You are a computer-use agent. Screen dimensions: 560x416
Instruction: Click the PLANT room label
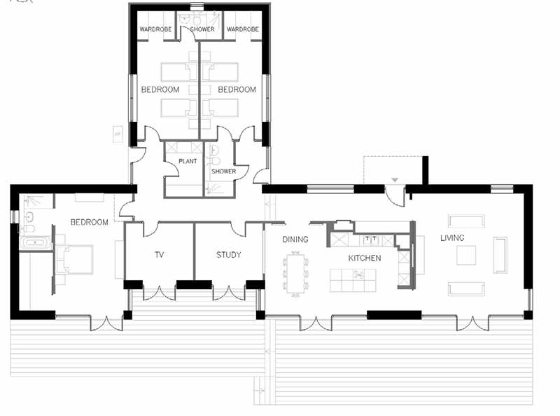click(188, 161)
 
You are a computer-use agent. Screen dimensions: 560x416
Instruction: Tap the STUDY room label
click(229, 255)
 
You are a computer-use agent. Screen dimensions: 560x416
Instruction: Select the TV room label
click(160, 254)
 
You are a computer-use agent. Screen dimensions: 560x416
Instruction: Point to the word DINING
click(295, 240)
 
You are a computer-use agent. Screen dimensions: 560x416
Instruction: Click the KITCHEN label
click(365, 258)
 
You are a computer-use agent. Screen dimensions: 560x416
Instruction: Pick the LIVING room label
click(452, 237)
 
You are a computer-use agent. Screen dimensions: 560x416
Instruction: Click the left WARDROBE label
click(155, 29)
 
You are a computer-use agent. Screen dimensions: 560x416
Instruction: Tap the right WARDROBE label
click(243, 29)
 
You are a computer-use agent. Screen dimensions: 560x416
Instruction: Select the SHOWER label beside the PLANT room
click(223, 171)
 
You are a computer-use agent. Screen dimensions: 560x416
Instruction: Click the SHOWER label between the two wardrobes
click(202, 29)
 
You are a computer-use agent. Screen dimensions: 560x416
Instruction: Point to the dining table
click(295, 274)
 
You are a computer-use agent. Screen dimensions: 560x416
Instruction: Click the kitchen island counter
click(353, 280)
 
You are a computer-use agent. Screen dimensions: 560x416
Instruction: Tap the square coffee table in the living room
click(466, 255)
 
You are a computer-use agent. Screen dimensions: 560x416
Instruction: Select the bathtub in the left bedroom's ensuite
click(36, 242)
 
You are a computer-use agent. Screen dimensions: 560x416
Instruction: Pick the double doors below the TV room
click(159, 293)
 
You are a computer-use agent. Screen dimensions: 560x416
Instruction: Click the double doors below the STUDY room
click(229, 293)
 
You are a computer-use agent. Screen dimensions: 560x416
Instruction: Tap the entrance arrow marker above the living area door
click(395, 180)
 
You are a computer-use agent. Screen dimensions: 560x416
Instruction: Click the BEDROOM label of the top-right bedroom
click(237, 90)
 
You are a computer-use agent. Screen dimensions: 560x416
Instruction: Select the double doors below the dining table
click(316, 323)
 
